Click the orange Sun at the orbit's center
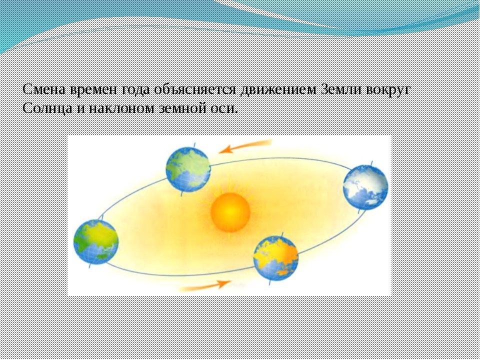230,212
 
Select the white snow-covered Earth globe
365,187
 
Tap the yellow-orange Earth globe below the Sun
276,258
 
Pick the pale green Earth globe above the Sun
188,169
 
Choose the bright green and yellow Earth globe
96,242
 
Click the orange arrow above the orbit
245,146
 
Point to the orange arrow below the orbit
205,285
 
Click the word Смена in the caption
44,89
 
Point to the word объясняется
195,90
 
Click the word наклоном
121,108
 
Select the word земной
181,108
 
